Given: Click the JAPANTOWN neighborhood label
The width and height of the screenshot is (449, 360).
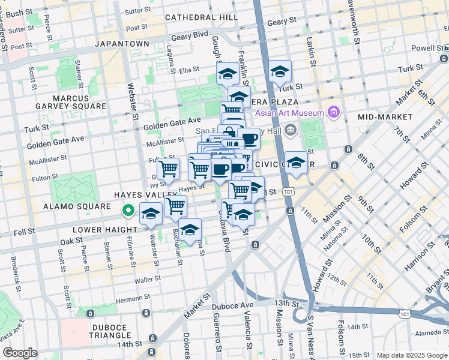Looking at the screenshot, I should click(124, 44).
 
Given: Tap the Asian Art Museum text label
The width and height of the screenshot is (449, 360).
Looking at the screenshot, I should click(288, 112).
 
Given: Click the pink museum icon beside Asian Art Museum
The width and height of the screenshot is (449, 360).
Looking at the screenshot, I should click(334, 112).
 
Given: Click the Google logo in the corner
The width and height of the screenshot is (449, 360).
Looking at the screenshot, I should click(20, 352).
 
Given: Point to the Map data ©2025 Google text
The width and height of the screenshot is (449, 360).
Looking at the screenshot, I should click(412, 355).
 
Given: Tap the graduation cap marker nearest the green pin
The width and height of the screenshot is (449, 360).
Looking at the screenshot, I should click(151, 214).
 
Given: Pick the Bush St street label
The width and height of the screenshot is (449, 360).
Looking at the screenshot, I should click(19, 13).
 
